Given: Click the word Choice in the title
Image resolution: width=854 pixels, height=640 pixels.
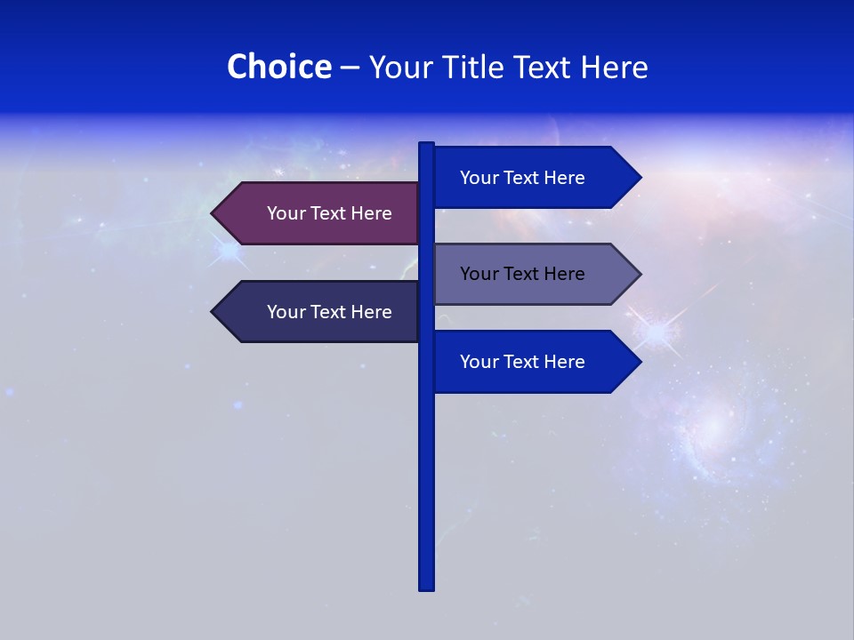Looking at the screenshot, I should coord(278,67).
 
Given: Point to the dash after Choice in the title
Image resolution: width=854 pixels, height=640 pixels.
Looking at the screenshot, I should coord(350,68).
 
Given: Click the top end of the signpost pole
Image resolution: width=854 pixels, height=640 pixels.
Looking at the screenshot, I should coord(427,145).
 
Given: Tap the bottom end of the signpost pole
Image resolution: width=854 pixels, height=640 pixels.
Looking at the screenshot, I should coord(427,588).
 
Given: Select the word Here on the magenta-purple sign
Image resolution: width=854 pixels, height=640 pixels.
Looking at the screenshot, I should coord(371,213).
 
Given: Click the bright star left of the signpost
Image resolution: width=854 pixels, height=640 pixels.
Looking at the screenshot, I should coord(230,252).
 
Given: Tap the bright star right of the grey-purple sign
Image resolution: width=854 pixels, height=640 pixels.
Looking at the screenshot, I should coord(657,332).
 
